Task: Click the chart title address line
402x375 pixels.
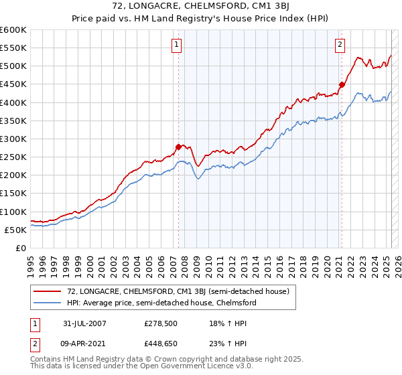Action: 201,7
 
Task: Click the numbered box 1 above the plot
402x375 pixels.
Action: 176,45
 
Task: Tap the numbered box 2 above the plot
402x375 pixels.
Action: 340,45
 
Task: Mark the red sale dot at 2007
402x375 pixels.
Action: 179,146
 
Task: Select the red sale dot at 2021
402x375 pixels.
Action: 342,84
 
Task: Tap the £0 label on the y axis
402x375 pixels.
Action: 21,248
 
